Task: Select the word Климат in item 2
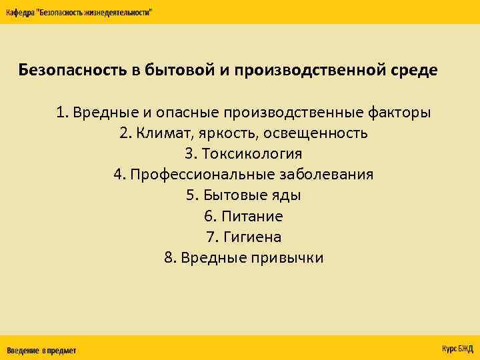[163, 133]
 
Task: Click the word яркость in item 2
[223, 133]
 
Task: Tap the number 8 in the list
[167, 258]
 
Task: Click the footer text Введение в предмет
[41, 350]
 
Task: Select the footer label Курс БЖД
[457, 349]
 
